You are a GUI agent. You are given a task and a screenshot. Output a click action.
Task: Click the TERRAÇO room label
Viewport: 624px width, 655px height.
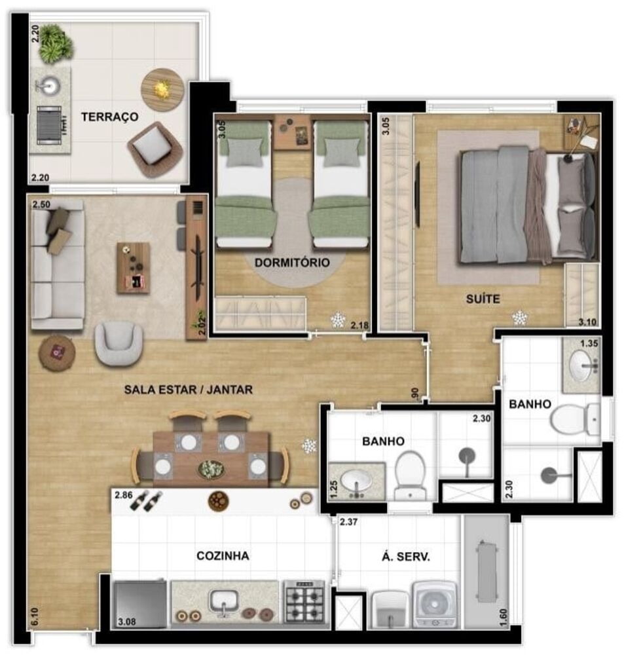109,117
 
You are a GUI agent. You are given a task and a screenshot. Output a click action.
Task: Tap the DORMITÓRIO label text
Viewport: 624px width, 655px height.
291,263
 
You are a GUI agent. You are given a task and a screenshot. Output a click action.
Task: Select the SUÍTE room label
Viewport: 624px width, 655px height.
483,299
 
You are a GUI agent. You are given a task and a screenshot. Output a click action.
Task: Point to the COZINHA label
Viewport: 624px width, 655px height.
223,555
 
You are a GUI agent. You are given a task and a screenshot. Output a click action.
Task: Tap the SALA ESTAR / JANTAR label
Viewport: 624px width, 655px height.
188,390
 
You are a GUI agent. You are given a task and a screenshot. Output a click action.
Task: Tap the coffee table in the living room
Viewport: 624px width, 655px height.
133,268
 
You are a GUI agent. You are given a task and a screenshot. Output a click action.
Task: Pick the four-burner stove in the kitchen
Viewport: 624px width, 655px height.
304,601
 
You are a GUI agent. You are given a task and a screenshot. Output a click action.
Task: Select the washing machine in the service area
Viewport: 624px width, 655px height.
434,604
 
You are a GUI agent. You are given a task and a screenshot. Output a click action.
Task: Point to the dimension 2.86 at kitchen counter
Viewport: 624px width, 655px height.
122,496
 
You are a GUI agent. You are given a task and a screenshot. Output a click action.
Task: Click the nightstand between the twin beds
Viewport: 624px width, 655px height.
292,132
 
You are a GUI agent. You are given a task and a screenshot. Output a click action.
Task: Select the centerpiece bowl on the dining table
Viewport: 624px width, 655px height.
211,468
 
